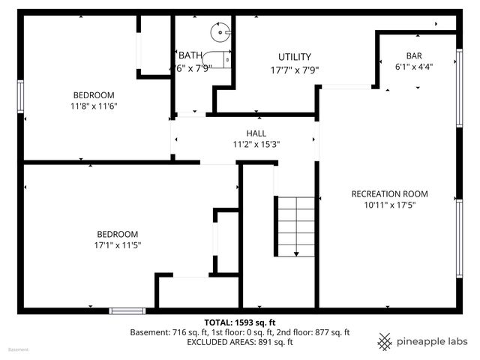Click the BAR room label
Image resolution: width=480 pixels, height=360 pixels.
tap(414, 55)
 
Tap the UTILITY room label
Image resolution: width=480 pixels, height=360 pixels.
tap(294, 57)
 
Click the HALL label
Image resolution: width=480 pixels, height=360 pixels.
tap(245, 133)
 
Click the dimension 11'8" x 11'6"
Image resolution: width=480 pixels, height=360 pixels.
tap(94, 106)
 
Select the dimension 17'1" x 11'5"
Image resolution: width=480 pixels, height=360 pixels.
tap(116, 244)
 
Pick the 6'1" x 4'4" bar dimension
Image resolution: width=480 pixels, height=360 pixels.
tap(414, 66)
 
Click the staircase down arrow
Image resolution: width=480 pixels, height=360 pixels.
tap(296, 253)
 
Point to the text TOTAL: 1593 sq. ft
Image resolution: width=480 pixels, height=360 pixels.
tap(240, 322)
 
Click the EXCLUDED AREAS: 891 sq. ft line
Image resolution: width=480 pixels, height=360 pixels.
tap(240, 342)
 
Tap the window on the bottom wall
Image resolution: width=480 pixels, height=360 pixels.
tap(127, 310)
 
